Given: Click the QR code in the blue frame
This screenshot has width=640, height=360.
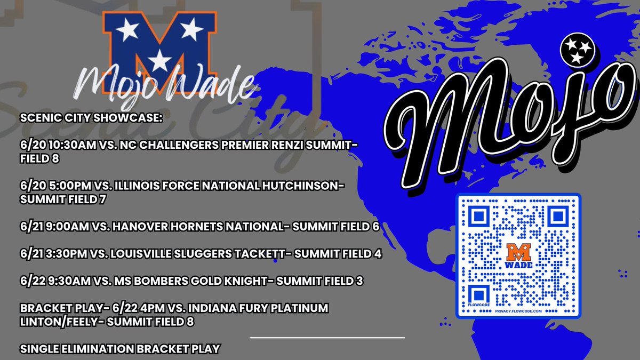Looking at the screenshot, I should tap(518, 256).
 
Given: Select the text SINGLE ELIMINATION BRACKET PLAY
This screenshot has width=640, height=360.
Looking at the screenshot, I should tap(120, 349).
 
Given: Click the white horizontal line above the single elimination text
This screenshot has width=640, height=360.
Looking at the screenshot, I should tap(327, 337).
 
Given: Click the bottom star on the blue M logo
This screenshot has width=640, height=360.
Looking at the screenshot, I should tap(159, 61).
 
